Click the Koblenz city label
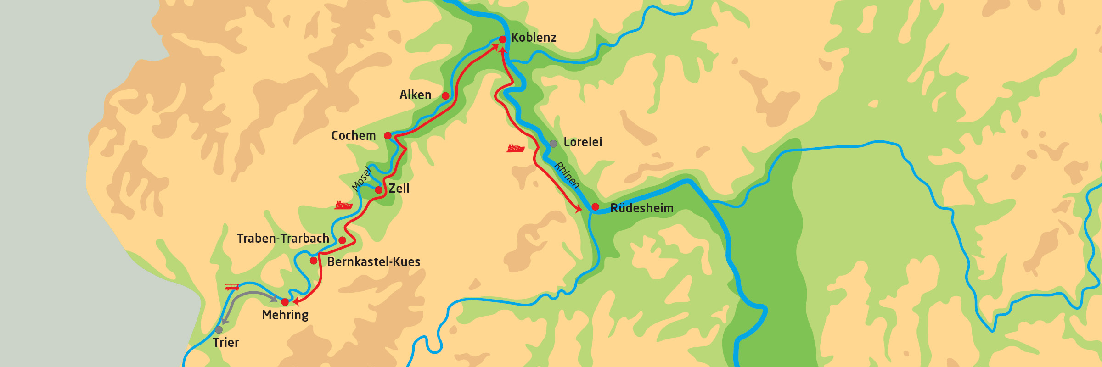(x=534, y=38)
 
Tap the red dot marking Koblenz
(x=503, y=39)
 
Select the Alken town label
(x=415, y=95)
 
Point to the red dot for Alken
(x=445, y=96)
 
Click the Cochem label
(x=354, y=136)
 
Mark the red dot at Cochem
(x=388, y=136)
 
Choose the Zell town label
(x=399, y=189)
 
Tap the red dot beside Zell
(x=379, y=190)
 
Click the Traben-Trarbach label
(x=283, y=239)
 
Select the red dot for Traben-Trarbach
(x=342, y=240)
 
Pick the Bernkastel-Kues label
(x=374, y=262)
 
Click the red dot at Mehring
(x=285, y=302)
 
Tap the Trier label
(x=226, y=343)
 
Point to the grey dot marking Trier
(x=219, y=330)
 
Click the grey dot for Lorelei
(x=553, y=144)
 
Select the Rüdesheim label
(x=641, y=208)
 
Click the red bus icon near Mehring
(x=232, y=287)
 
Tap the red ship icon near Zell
(x=343, y=205)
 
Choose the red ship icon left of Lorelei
(x=516, y=148)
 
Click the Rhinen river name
(x=567, y=175)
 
